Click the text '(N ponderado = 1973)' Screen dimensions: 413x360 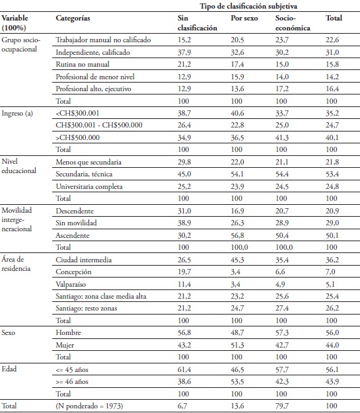point(91,404)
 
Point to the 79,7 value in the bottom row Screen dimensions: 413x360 point(282,404)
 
